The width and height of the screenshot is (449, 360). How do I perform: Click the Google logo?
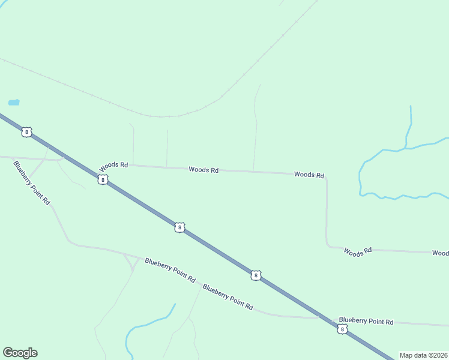tap(20, 353)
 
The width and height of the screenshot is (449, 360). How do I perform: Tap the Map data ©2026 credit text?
tap(423, 355)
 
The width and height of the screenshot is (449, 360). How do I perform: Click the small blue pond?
tap(14, 103)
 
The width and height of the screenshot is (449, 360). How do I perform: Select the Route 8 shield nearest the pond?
tap(26, 132)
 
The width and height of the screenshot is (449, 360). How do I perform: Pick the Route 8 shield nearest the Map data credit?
tap(342, 329)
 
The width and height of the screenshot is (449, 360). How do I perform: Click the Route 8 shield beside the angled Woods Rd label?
tap(103, 180)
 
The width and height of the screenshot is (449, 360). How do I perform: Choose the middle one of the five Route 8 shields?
tap(179, 227)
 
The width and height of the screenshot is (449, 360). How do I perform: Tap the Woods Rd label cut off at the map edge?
tap(440, 253)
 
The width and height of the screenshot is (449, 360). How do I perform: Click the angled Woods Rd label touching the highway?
tap(114, 165)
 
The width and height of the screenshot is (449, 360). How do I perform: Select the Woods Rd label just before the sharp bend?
tap(309, 175)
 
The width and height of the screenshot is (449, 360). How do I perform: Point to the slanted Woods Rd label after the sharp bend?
tap(358, 252)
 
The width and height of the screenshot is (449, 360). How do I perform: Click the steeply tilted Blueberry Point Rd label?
tap(32, 183)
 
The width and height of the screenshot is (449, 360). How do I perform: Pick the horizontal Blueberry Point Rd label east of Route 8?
tap(366, 322)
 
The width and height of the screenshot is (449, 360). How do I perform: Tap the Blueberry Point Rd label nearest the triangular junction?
tap(170, 270)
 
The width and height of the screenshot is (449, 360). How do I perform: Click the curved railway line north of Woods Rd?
tap(168, 116)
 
